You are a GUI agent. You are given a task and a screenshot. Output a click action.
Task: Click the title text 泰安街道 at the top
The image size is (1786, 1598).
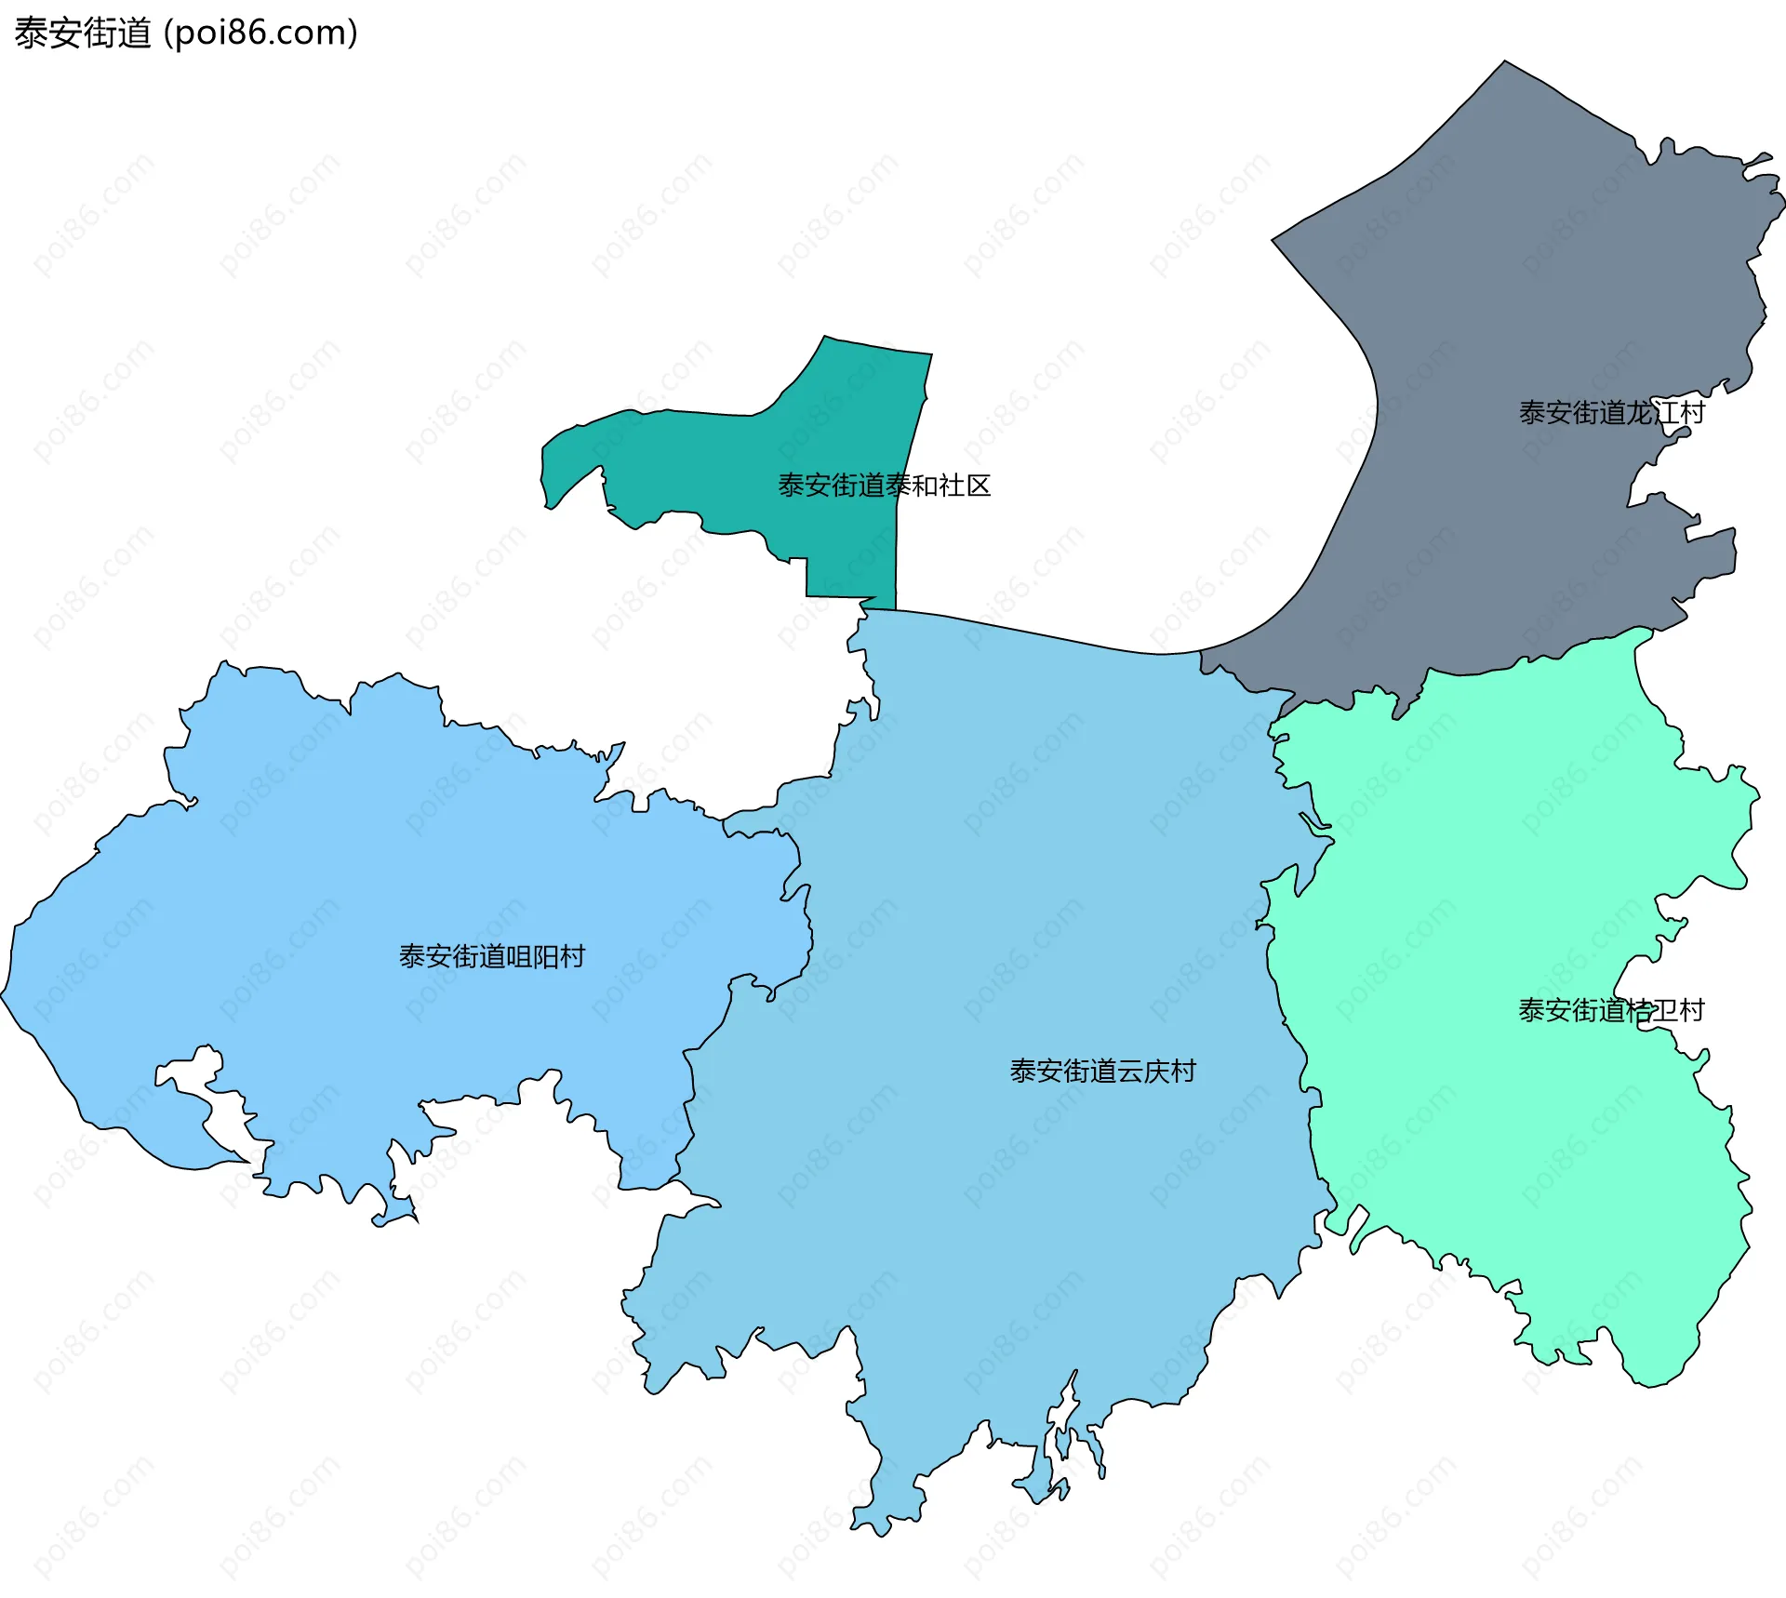[x=82, y=33]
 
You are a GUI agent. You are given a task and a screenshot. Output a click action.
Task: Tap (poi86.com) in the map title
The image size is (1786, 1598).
[x=260, y=33]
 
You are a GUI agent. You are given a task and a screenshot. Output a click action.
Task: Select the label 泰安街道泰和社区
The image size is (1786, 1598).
[x=884, y=486]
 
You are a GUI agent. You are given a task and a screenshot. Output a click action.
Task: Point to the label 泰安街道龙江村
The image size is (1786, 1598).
[x=1611, y=413]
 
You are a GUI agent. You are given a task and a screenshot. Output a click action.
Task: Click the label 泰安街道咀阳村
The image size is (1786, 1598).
[x=491, y=956]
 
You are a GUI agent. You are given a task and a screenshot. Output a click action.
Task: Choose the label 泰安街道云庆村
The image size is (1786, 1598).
[x=1102, y=1072]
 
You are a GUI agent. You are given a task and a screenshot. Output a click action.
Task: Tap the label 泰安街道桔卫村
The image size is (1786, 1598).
[x=1611, y=1010]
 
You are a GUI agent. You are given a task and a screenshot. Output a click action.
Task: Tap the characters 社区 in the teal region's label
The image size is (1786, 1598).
[x=965, y=486]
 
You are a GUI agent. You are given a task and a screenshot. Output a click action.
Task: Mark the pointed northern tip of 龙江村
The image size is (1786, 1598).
[x=1505, y=63]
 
